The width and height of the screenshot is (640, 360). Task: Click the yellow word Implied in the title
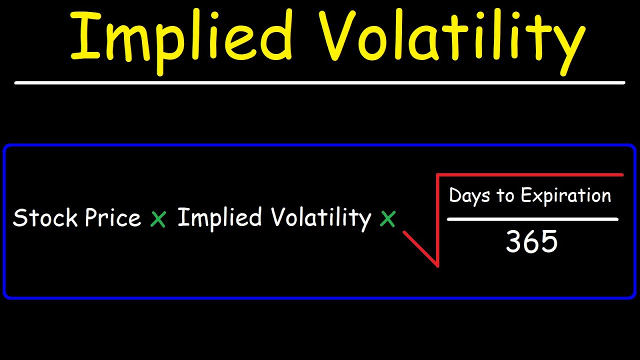pos(180,37)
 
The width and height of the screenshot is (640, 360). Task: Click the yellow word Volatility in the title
pos(452,37)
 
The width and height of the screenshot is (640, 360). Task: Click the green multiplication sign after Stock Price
pos(158,219)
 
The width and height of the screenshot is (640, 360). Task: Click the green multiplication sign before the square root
pos(387,219)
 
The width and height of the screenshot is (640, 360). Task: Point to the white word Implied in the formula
pos(219,218)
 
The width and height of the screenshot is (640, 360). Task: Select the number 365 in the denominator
pos(531,242)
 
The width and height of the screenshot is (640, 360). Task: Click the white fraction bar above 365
pos(532,219)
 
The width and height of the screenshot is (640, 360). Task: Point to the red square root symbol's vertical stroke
pos(437,220)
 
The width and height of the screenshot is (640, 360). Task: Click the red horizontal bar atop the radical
pos(530,175)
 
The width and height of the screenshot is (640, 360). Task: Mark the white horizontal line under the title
pos(320,82)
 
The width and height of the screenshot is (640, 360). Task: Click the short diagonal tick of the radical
pos(420,248)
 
